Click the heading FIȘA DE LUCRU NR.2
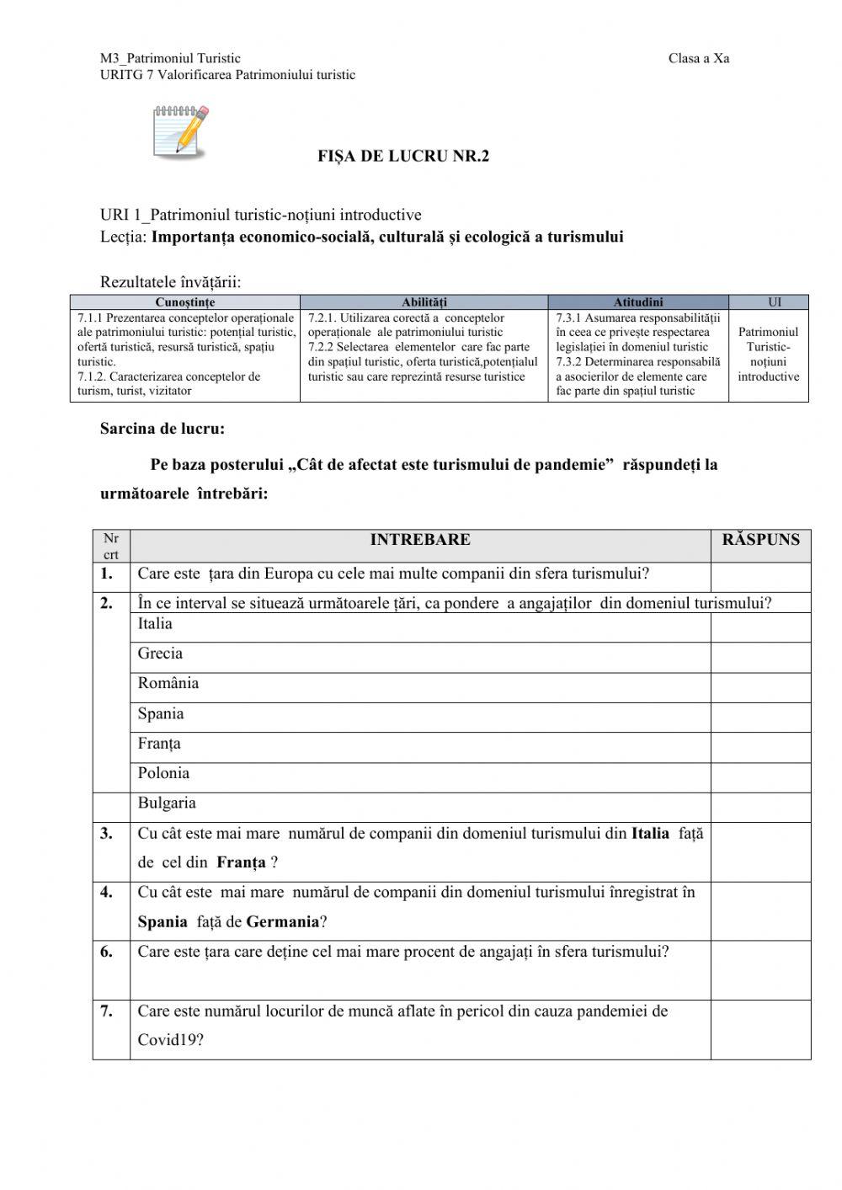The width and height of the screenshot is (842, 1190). [x=402, y=156]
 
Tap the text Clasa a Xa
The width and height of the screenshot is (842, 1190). [x=698, y=58]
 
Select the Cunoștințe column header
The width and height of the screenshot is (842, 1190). [x=185, y=302]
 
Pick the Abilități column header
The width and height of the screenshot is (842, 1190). [x=424, y=302]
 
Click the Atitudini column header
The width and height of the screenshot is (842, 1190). [x=637, y=302]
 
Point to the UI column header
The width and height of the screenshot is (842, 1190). [x=768, y=302]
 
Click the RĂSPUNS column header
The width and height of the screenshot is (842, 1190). [x=760, y=540]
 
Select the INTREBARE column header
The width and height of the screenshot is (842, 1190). [x=420, y=540]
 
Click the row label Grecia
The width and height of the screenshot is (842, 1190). [x=160, y=654]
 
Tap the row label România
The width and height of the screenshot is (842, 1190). [x=168, y=683]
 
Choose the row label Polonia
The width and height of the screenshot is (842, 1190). [x=163, y=773]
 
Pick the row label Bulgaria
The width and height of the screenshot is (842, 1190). [x=167, y=803]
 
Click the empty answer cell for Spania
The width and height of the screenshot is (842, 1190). [x=760, y=718]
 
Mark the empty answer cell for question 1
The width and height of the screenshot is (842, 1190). [x=760, y=577]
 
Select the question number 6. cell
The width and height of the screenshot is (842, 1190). [x=107, y=952]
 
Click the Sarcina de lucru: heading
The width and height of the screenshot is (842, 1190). [x=163, y=429]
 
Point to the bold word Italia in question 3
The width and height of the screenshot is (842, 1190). [x=650, y=833]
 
